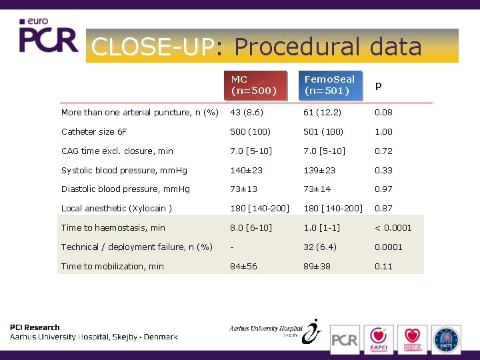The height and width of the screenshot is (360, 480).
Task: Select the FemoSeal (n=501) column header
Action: pos(331,85)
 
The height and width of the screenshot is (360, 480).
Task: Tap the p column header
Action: pos(379,85)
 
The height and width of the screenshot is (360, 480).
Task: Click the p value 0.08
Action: pos(383,113)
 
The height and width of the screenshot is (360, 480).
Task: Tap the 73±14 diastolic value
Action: pos(318,189)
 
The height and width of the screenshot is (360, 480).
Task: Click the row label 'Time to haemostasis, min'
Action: pos(113,228)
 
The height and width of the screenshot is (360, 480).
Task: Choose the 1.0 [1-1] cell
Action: pos(323,228)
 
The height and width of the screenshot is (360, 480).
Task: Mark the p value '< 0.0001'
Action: pos(393,228)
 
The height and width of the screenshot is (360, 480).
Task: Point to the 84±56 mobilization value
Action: pos(244,267)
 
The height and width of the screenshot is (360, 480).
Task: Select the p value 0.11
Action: pos(383,267)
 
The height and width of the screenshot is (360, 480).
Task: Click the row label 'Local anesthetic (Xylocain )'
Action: pos(117,209)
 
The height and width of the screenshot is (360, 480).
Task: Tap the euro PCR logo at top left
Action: pos(48,37)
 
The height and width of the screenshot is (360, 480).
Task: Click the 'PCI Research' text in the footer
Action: pos(35,327)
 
